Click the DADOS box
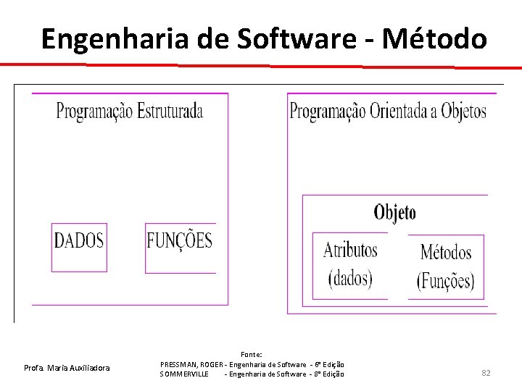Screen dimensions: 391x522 click(80, 241)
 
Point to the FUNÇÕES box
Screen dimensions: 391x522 click(180, 240)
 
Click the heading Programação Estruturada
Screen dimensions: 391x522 click(130, 112)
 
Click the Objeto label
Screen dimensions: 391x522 click(395, 212)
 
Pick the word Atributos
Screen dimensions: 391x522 click(350, 251)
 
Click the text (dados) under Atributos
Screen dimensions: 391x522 click(350, 278)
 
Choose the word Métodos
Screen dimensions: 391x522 click(446, 252)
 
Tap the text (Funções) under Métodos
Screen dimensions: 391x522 click(446, 281)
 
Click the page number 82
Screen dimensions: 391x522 click(486, 373)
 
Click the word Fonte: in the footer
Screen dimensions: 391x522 click(252, 354)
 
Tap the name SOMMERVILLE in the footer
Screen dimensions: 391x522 click(185, 374)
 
